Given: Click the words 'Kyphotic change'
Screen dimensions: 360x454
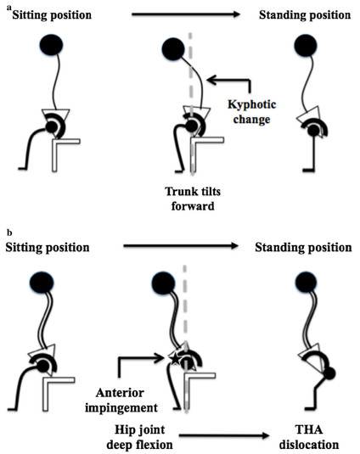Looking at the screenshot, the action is click(x=251, y=112).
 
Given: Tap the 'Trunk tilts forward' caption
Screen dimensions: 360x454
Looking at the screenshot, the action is click(x=193, y=199).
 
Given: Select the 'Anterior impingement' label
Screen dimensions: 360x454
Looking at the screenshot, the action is click(x=121, y=401).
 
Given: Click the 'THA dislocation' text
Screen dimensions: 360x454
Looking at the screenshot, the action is click(x=309, y=437).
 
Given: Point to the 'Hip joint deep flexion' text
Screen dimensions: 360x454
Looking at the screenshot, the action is click(x=139, y=437).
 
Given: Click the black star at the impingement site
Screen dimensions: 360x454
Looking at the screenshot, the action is click(x=175, y=359).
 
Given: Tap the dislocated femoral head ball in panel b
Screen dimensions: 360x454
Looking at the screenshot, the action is click(x=329, y=373).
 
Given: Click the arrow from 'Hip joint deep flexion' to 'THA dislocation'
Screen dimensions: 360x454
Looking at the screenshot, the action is click(x=224, y=435).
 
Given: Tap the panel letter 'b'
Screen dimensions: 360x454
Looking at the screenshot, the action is click(x=9, y=233).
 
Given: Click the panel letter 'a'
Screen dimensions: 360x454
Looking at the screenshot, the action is click(x=9, y=8).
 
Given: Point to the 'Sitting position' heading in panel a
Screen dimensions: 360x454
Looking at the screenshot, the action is click(x=52, y=15).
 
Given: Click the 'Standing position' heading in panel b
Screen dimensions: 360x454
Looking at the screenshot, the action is click(x=303, y=248).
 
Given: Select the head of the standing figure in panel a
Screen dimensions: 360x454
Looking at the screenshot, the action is click(x=305, y=46).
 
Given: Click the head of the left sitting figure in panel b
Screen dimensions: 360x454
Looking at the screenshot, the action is click(x=42, y=283).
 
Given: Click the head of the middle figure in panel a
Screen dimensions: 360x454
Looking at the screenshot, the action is click(x=173, y=48).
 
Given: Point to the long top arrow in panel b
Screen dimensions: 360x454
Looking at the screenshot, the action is click(x=181, y=246).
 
